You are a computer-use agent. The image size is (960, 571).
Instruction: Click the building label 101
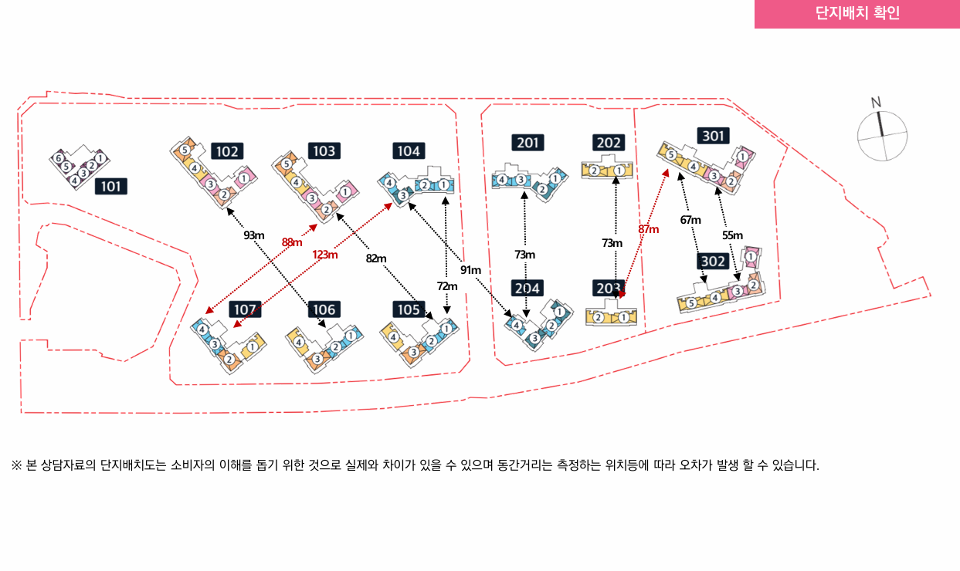[111, 186]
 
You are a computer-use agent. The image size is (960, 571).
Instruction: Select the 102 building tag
[227, 151]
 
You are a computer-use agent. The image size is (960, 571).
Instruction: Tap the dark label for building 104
[409, 150]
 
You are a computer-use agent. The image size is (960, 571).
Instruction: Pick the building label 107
[245, 309]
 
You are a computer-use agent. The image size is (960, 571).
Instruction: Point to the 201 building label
[528, 143]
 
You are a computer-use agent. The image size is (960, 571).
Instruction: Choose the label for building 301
[714, 136]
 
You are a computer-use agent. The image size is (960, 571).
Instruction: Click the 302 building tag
[713, 261]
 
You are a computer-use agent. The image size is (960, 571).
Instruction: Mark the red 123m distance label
[325, 255]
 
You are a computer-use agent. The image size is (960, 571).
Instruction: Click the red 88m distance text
[292, 242]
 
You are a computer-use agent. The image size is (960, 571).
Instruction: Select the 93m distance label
[254, 235]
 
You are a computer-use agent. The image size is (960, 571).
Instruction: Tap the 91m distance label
[470, 269]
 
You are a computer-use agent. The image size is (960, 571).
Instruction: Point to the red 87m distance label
[649, 229]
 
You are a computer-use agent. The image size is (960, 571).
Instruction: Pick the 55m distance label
[732, 235]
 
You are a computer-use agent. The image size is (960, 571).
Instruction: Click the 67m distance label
[690, 220]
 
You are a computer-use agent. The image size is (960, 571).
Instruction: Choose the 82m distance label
[376, 258]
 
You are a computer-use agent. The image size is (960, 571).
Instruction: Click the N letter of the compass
[876, 103]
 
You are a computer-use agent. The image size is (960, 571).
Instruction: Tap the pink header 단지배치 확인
[857, 13]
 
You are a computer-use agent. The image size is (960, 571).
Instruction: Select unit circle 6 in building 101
[59, 158]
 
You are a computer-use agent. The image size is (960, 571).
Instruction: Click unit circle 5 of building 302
[691, 303]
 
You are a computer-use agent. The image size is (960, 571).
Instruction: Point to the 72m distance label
[447, 286]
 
